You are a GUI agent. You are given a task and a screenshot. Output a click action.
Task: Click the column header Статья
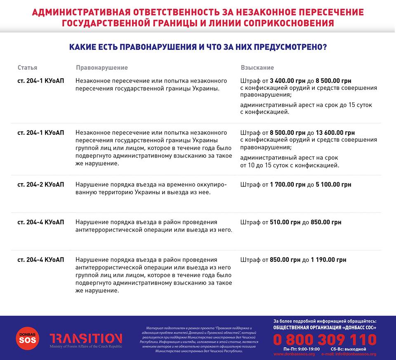[27, 68]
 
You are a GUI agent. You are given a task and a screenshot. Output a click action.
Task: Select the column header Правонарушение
[102, 68]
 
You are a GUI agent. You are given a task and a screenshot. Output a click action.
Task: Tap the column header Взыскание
[257, 68]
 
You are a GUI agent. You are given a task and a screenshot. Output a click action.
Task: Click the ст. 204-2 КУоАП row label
[41, 185]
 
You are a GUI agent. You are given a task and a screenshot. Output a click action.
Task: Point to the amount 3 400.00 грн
[288, 81]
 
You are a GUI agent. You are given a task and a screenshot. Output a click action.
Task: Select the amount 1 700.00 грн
[288, 185]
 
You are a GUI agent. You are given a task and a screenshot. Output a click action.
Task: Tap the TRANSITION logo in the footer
[86, 339]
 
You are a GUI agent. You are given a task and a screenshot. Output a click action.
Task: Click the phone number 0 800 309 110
[325, 340]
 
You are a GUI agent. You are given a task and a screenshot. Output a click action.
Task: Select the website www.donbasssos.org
[294, 354]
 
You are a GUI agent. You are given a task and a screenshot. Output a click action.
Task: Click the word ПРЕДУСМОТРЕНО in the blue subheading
[289, 47]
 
